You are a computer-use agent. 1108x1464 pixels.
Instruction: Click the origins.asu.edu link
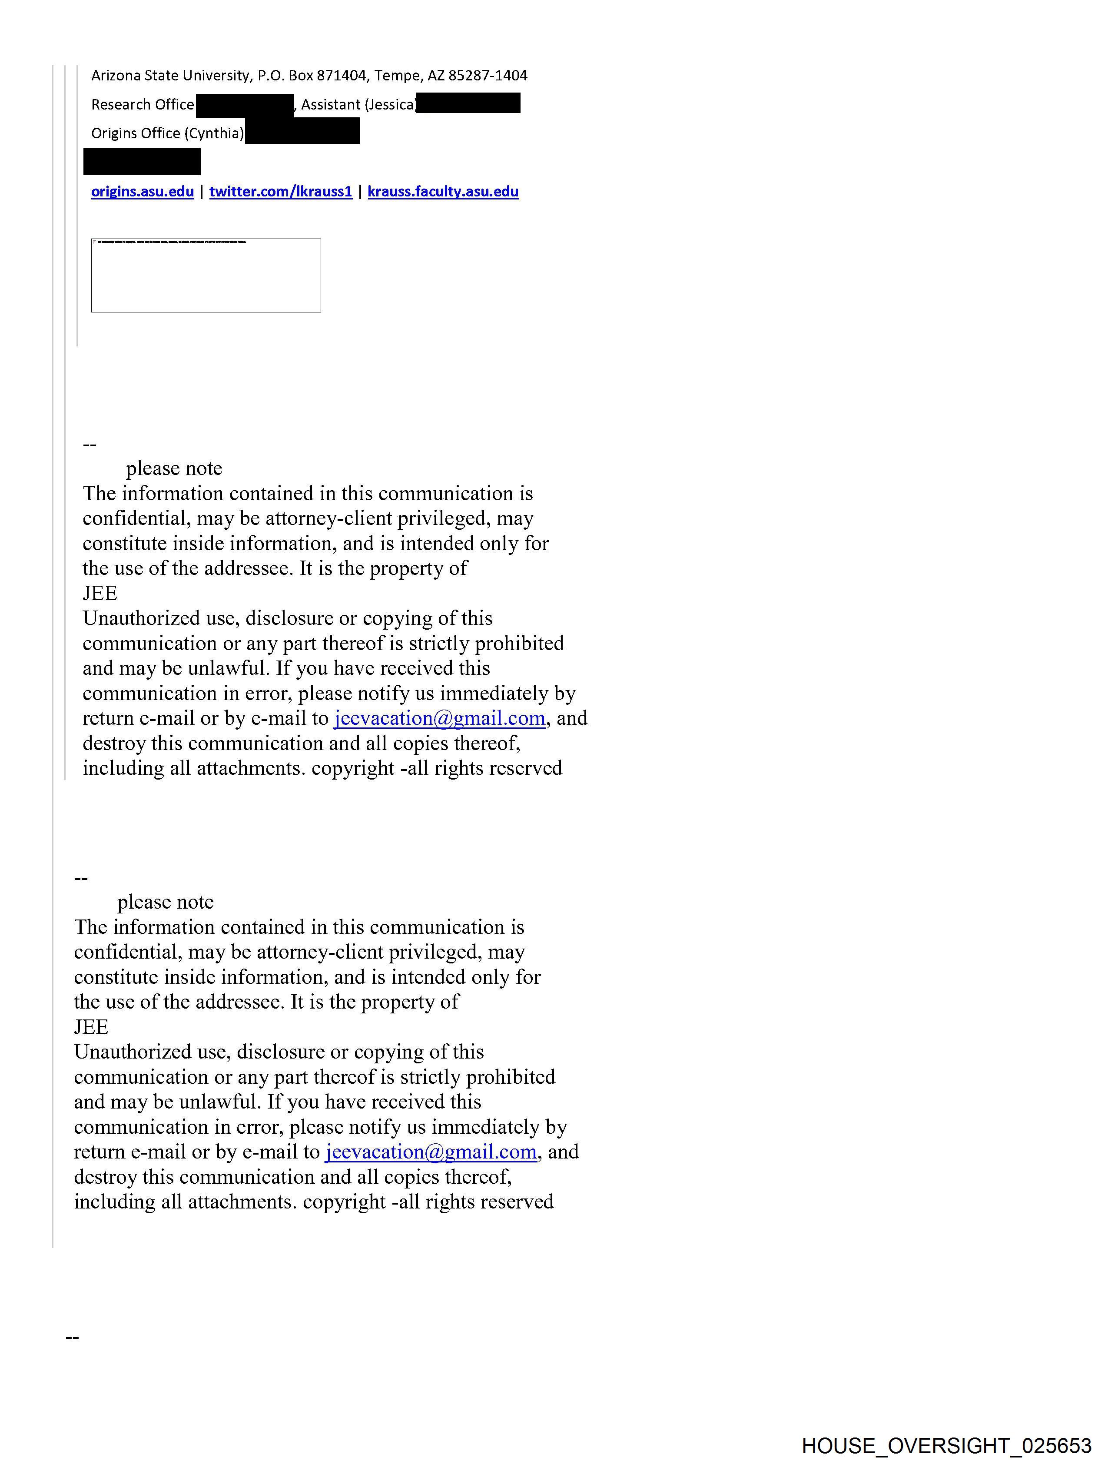[143, 192]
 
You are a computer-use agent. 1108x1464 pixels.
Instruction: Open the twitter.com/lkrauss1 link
[281, 192]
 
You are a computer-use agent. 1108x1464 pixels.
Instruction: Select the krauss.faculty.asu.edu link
[443, 192]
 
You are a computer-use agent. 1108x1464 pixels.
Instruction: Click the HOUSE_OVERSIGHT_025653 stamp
[946, 1445]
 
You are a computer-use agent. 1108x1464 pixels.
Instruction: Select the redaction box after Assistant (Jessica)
[468, 103]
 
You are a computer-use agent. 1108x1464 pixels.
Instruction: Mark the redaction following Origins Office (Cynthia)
[302, 131]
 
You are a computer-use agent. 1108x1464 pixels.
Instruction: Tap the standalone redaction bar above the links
[142, 162]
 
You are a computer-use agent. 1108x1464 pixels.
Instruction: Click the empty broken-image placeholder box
[206, 276]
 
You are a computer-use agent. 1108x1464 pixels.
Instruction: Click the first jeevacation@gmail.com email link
[439, 718]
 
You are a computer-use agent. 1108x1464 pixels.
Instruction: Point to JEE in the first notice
[100, 593]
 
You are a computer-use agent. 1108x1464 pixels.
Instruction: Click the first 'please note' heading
[174, 468]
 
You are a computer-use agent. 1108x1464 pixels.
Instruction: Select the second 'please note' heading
[166, 902]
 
